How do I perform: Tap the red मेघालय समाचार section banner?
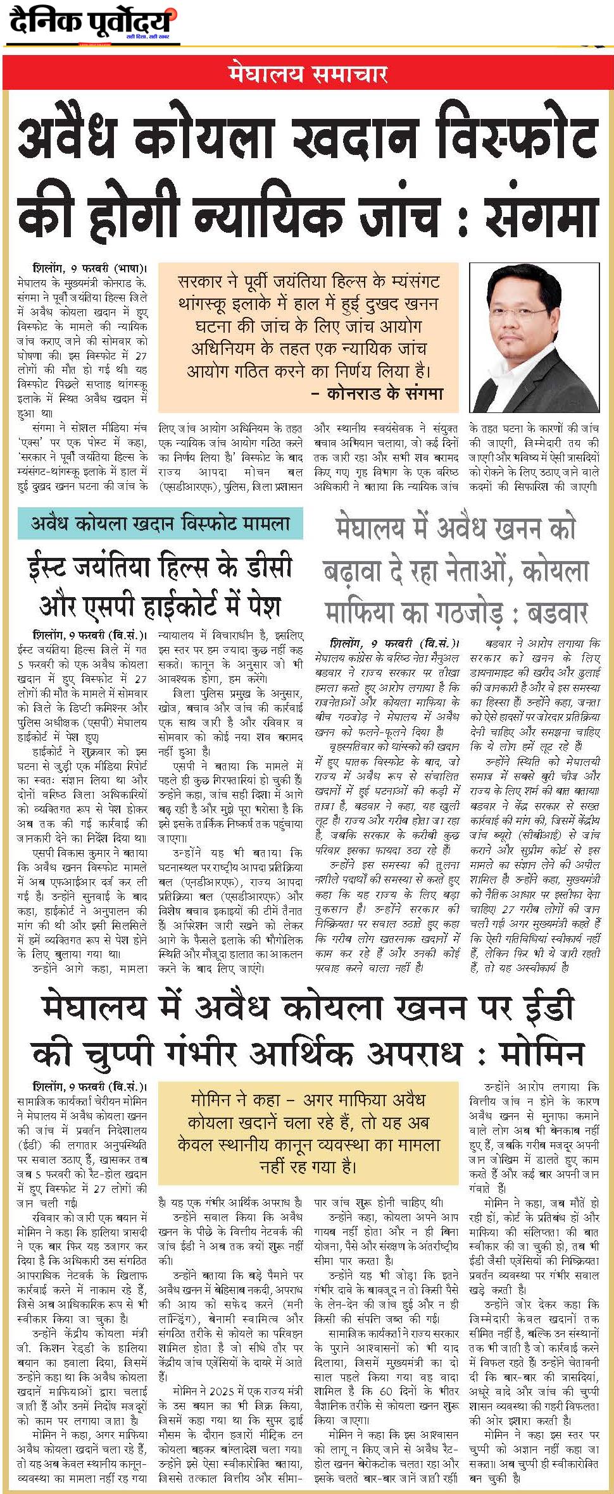pyautogui.click(x=308, y=74)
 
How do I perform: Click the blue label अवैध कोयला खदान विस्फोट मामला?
pyautogui.click(x=160, y=524)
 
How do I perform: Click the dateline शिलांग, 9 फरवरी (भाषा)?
pyautogui.click(x=89, y=268)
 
